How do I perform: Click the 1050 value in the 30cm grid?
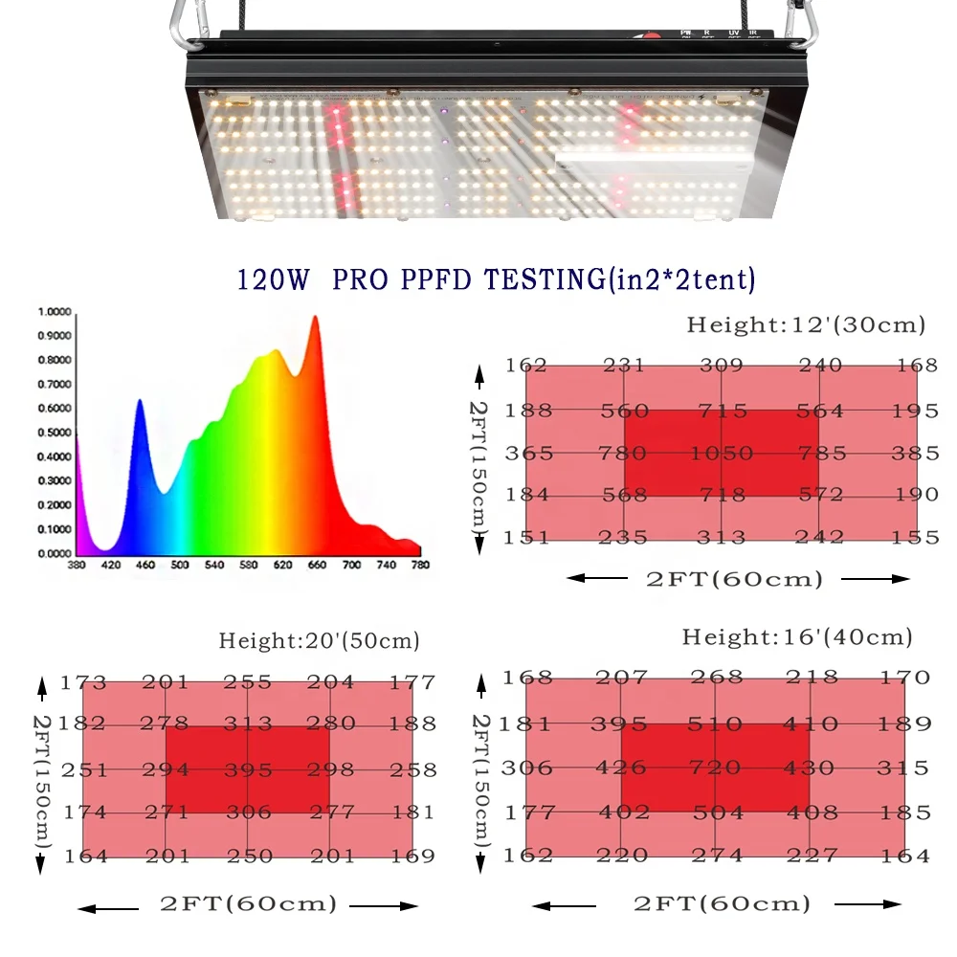click(722, 454)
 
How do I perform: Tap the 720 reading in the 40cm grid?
click(715, 768)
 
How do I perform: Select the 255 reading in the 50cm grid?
click(248, 683)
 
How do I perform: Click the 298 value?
click(331, 769)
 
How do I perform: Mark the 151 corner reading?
click(526, 537)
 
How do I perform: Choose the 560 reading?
click(625, 412)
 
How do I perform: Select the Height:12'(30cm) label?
click(806, 325)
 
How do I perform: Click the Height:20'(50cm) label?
click(319, 641)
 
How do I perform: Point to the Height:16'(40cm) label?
click(797, 637)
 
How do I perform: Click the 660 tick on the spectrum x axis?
click(317, 566)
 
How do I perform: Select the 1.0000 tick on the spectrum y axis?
click(55, 312)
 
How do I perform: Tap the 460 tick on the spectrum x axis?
click(145, 566)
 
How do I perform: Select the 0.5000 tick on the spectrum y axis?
click(55, 433)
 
